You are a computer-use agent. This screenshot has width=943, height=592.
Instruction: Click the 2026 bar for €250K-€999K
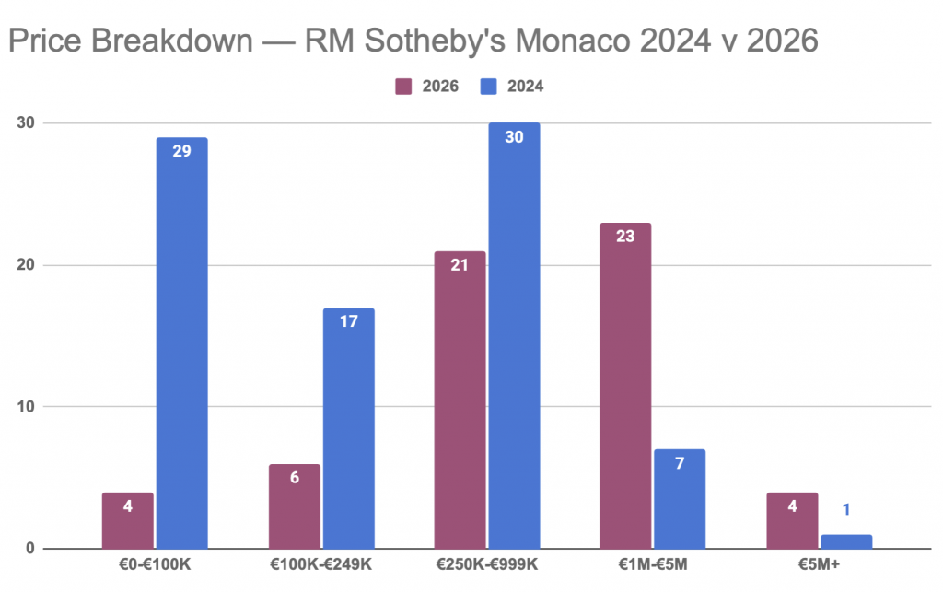tap(460, 400)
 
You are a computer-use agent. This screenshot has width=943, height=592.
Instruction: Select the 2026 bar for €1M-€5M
tap(625, 386)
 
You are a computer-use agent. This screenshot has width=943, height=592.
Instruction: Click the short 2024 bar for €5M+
tap(845, 541)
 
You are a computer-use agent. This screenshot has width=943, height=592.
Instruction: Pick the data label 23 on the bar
tap(625, 236)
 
